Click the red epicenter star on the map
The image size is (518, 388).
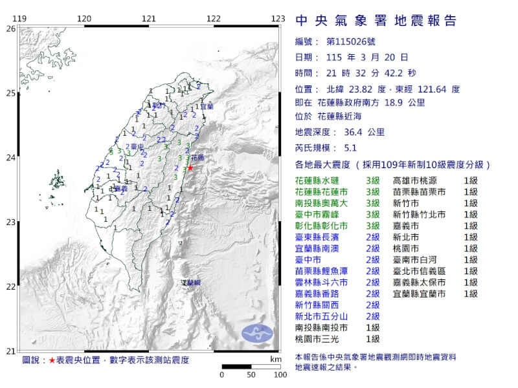point(190,168)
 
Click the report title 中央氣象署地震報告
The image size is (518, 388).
point(376,21)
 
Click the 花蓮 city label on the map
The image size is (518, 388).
point(197,157)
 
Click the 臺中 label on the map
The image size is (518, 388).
point(135,147)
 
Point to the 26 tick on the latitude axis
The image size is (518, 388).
point(11,29)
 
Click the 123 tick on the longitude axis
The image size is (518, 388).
point(278,18)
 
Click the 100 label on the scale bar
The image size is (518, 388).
point(280,374)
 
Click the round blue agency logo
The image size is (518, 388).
point(258,334)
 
